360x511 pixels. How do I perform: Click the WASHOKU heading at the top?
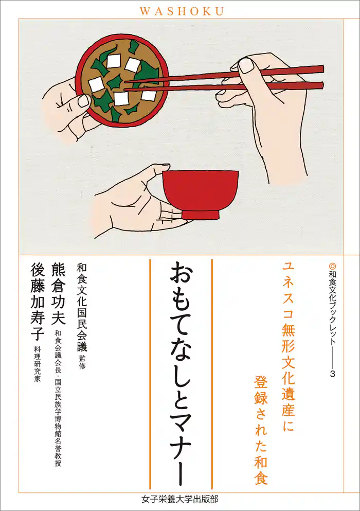180,10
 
